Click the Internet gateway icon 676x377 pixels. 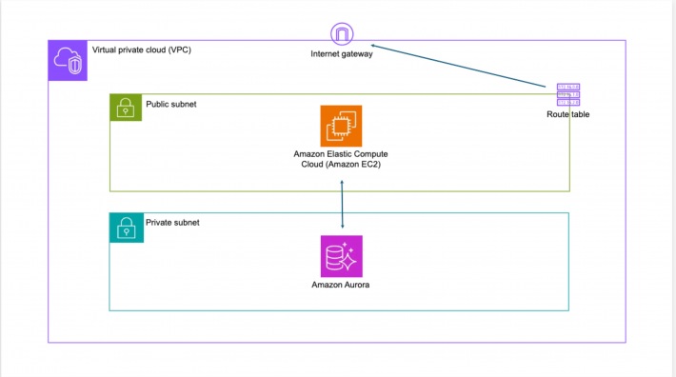point(342,34)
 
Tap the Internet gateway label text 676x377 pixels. point(342,54)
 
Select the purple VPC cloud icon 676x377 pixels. point(68,60)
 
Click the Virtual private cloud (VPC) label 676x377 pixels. point(142,50)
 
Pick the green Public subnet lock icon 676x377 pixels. point(126,108)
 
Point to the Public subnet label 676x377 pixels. point(171,105)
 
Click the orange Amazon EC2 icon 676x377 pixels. point(341,126)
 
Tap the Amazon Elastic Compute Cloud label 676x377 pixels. point(341,159)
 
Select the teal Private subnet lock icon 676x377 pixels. point(127,228)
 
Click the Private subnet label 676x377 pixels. point(172,223)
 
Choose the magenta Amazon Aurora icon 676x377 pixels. point(342,256)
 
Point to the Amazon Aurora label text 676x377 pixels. point(341,285)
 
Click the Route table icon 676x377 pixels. point(568,95)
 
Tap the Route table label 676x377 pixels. point(567,114)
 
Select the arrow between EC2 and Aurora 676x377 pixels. point(343,205)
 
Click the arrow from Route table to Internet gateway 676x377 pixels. point(458,66)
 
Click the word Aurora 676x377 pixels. point(355,285)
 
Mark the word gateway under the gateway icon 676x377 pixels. point(356,54)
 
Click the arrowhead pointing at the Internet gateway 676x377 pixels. point(373,46)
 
